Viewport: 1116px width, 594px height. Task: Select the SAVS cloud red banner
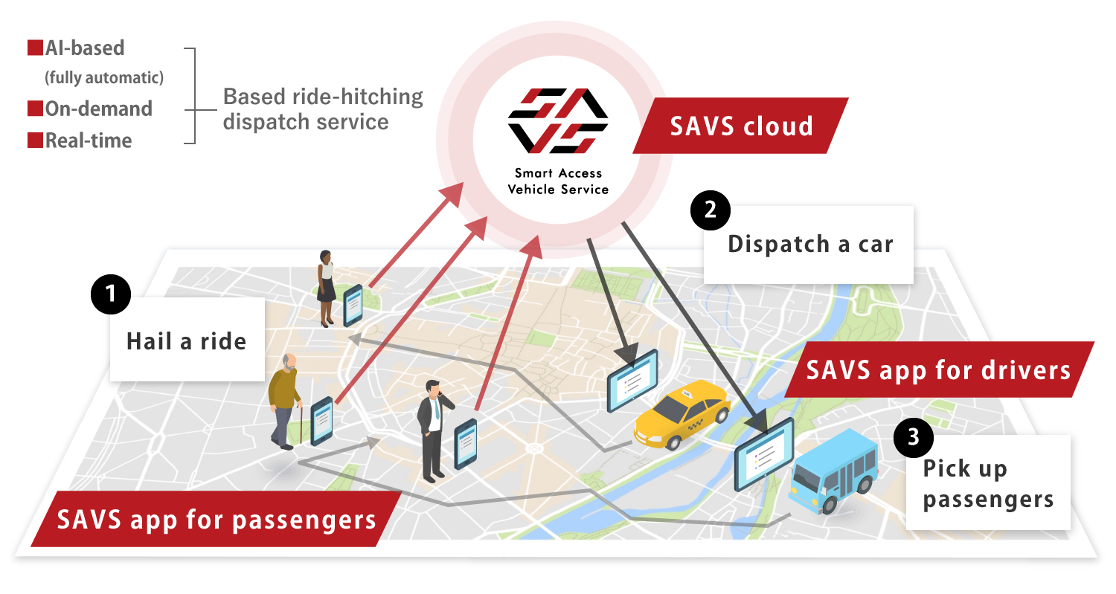[x=741, y=126]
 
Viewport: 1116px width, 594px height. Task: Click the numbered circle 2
[x=710, y=210]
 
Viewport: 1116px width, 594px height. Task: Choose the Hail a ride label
[x=187, y=341]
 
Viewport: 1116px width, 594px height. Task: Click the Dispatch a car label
[x=809, y=245]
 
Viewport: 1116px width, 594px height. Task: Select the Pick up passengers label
[x=987, y=483]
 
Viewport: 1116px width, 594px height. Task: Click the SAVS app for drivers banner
[x=939, y=369]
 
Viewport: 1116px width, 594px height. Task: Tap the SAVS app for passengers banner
[x=216, y=519]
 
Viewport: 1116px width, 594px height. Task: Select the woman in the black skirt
[x=326, y=287]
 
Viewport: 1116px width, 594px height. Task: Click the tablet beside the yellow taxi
[x=632, y=380]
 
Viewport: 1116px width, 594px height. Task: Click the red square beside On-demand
[x=35, y=109]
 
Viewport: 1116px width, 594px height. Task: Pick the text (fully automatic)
[x=104, y=77]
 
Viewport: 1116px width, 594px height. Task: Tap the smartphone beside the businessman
[x=466, y=443]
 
